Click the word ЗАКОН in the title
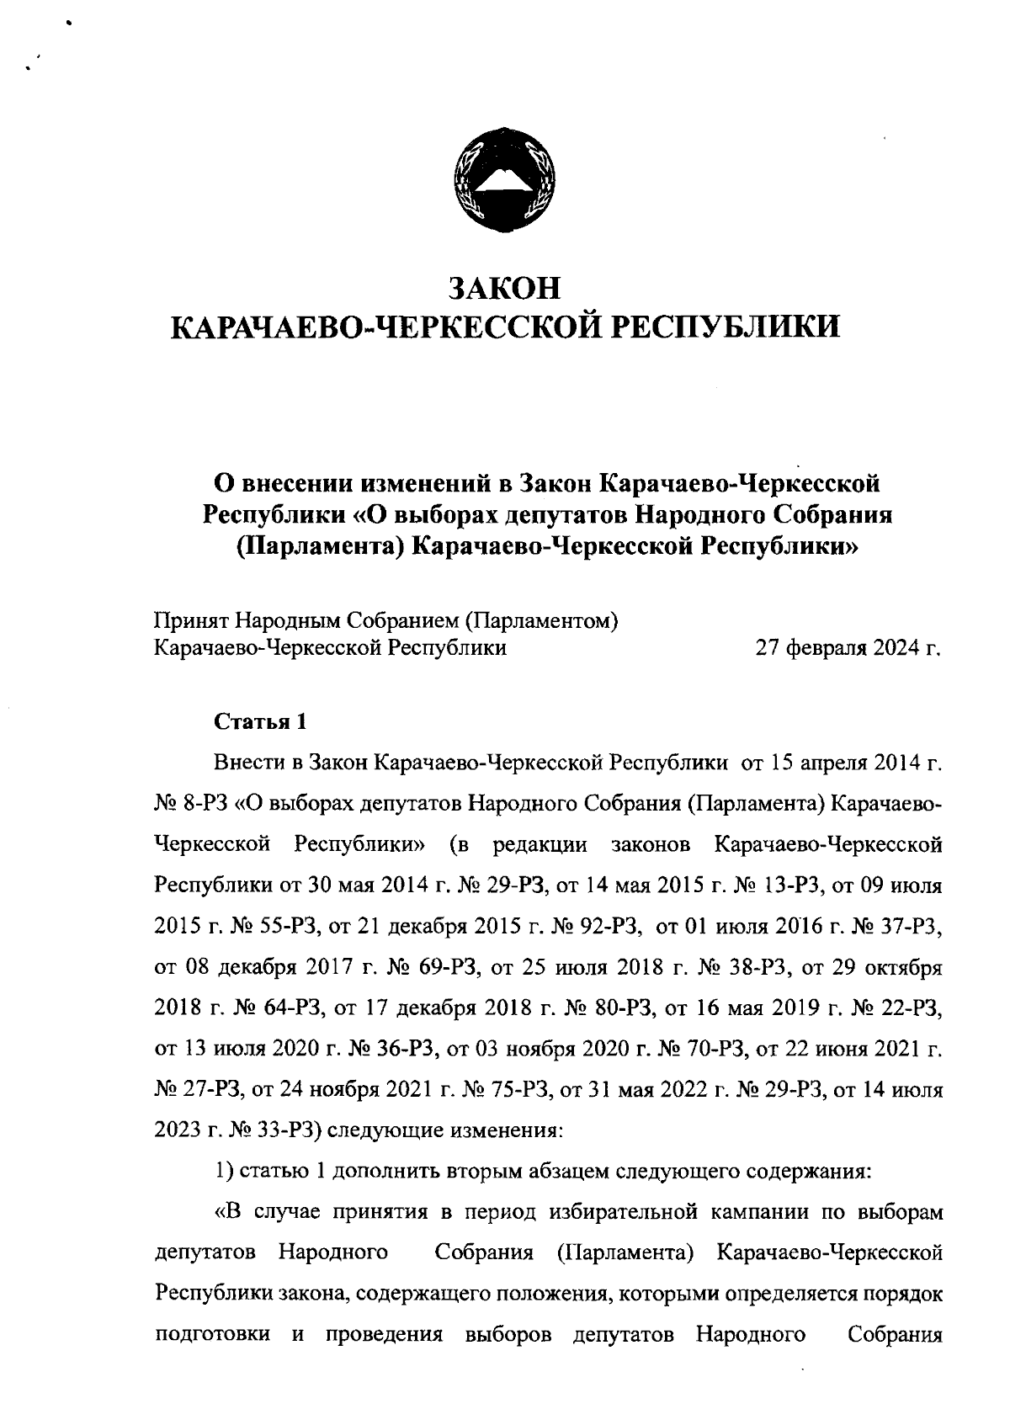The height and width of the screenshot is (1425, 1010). click(x=505, y=286)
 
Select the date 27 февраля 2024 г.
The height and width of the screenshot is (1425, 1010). click(x=848, y=648)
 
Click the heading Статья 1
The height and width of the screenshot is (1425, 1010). click(x=261, y=722)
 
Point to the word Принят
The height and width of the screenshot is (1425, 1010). click(x=190, y=621)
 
